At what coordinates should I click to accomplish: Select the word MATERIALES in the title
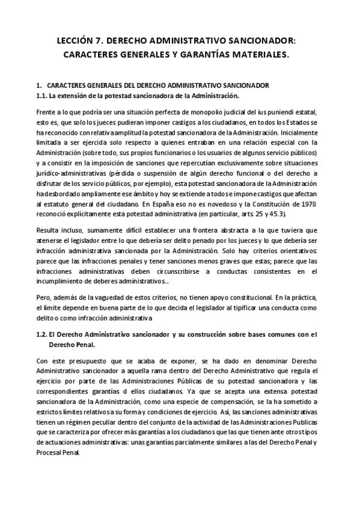pos(259,55)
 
